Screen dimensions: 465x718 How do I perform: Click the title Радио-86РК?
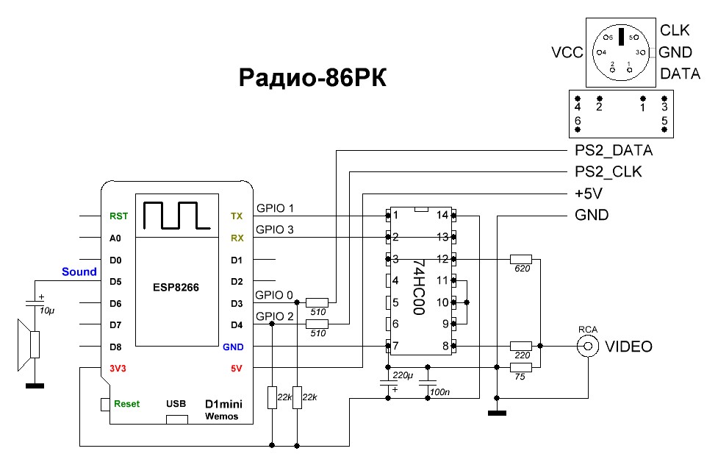pos(312,78)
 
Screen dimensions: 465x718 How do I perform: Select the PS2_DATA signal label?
pos(614,151)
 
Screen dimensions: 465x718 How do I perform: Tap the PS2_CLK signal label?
pos(608,172)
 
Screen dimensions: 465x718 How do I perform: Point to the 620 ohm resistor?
pos(520,259)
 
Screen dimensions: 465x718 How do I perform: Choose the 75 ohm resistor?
pos(520,368)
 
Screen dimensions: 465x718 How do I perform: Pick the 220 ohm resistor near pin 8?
pos(520,346)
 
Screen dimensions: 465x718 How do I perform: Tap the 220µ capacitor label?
pos(403,375)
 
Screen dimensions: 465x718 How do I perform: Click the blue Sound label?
pos(79,272)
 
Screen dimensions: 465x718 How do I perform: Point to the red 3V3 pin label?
pos(118,369)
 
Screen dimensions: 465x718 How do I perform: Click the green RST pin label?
pos(118,216)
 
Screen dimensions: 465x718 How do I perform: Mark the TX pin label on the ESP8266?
pos(237,216)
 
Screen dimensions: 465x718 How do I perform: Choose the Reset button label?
pos(126,404)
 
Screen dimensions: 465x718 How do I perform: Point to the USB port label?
pos(176,404)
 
